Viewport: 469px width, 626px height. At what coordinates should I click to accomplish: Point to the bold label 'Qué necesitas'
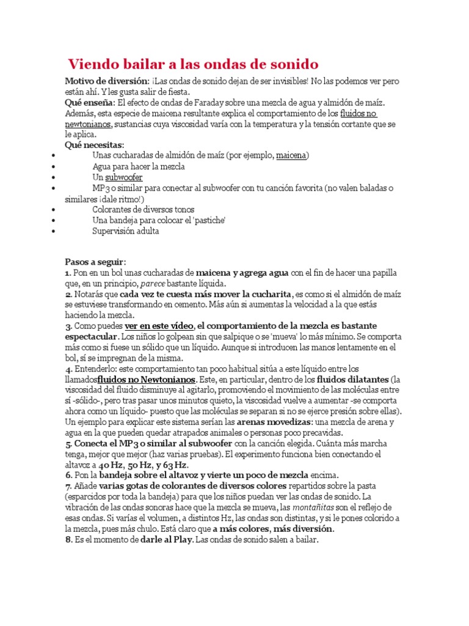point(94,145)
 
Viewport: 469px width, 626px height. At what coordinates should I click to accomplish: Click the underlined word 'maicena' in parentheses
point(291,156)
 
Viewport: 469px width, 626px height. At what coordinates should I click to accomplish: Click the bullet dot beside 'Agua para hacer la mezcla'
point(55,166)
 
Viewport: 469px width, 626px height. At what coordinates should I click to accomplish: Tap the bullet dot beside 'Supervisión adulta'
point(55,231)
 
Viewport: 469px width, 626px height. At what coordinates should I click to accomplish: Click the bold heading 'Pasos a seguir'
point(95,262)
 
